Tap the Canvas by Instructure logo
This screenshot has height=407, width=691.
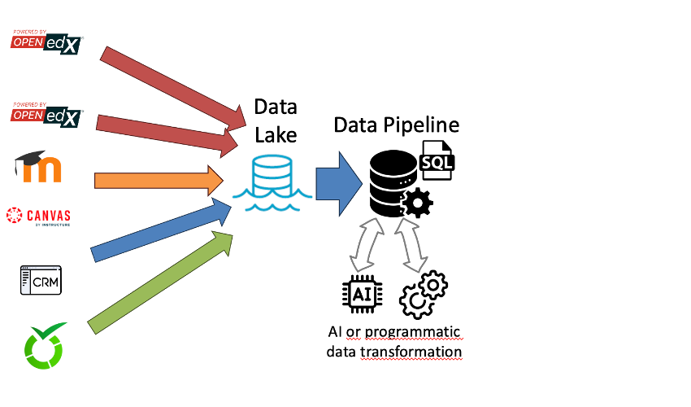click(x=38, y=217)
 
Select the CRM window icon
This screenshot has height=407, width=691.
click(x=41, y=280)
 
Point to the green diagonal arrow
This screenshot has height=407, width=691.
click(x=159, y=282)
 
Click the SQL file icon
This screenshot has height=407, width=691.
click(x=437, y=160)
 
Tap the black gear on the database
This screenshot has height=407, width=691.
click(x=418, y=202)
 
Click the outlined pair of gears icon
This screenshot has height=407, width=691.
click(x=424, y=295)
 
